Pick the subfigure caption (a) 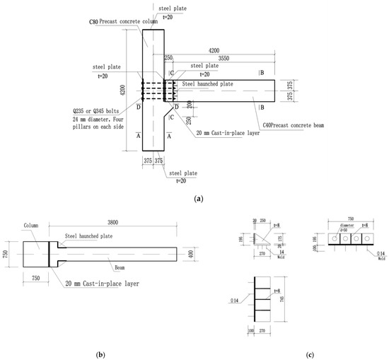(x=194, y=200)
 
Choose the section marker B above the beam (x=262, y=72)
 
